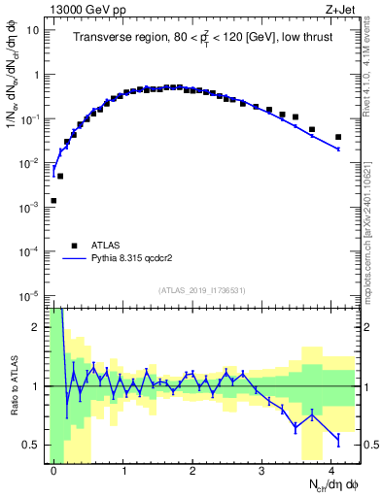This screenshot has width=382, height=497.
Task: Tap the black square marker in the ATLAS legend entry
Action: tap(74, 247)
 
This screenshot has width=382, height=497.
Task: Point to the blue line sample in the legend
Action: tap(74, 260)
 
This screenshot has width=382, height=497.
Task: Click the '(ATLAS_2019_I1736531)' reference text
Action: tap(201, 290)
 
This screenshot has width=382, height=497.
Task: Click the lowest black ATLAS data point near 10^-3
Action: tap(53, 201)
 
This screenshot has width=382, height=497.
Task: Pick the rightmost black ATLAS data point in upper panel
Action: tap(338, 137)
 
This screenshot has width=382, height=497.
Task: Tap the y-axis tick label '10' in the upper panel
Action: tap(33, 30)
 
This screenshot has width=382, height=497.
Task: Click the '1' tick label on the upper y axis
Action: tap(37, 75)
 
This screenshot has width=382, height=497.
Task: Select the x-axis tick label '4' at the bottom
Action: tap(331, 469)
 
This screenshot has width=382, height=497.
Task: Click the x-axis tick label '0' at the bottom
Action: tap(53, 469)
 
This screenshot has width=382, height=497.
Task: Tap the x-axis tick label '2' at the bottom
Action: tap(192, 469)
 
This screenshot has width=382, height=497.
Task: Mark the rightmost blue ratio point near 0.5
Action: tap(338, 439)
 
